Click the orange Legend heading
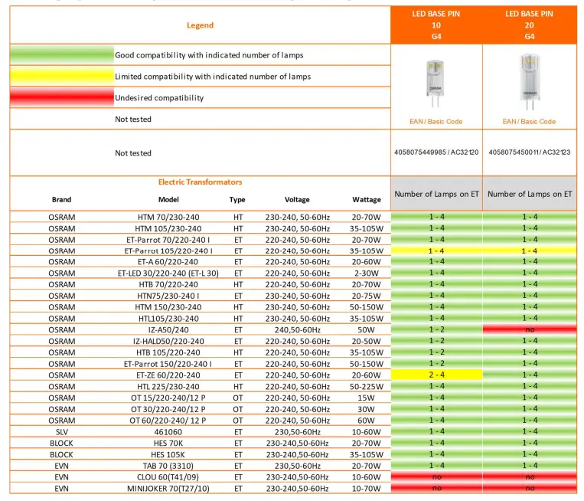[x=200, y=25]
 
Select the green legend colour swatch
[x=61, y=55]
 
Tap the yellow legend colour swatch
[x=61, y=77]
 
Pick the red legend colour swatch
[x=61, y=98]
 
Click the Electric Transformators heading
[x=200, y=182]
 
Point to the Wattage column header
[x=366, y=200]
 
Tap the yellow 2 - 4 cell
[x=436, y=375]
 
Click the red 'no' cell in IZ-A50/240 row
[x=530, y=330]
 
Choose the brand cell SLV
[x=61, y=432]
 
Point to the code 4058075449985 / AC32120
[x=436, y=152]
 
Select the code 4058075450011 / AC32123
[x=530, y=152]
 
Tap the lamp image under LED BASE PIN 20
[x=529, y=81]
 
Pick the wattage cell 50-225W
[x=366, y=387]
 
